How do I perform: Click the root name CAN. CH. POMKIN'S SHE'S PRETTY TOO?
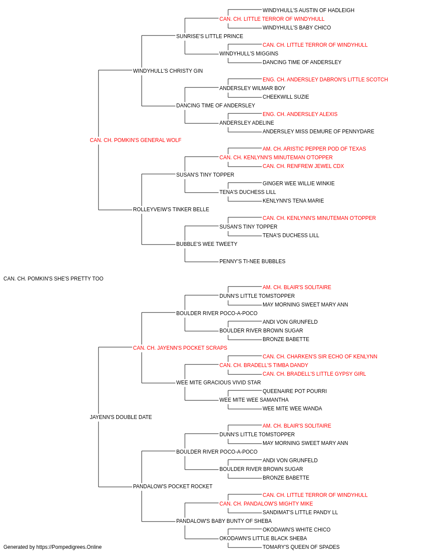click(x=54, y=279)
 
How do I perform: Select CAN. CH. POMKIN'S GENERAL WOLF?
click(x=136, y=140)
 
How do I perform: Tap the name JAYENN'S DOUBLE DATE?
click(x=121, y=417)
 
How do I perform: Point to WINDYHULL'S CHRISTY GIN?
click(x=168, y=71)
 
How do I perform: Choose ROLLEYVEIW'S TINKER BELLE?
click(x=171, y=209)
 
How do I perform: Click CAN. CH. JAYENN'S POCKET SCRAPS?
click(x=180, y=348)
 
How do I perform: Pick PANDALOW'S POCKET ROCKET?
click(x=173, y=486)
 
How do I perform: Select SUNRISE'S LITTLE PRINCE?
click(x=210, y=36)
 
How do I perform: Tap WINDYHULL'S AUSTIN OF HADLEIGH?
click(x=308, y=10)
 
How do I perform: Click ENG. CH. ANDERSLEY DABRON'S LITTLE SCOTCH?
click(x=325, y=80)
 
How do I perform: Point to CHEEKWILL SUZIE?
click(x=286, y=97)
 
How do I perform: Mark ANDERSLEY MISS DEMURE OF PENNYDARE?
click(x=318, y=132)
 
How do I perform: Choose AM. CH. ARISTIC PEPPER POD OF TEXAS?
click(x=314, y=149)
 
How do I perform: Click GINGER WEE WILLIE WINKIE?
click(x=299, y=184)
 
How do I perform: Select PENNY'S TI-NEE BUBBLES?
click(x=252, y=261)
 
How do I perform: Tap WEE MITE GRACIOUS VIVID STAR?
click(x=219, y=383)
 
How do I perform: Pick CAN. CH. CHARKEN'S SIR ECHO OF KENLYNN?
click(x=320, y=357)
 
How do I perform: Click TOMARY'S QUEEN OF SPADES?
click(x=301, y=547)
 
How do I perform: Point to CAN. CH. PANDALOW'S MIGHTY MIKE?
click(x=266, y=504)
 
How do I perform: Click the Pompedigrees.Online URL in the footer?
click(x=69, y=547)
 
